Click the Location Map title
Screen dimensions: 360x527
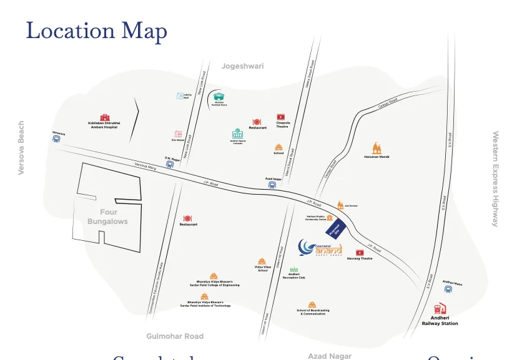(x=96, y=31)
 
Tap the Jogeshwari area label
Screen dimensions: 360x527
(x=242, y=66)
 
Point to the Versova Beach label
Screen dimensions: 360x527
(x=21, y=148)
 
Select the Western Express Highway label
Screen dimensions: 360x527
(x=496, y=178)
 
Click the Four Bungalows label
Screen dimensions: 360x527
(x=107, y=216)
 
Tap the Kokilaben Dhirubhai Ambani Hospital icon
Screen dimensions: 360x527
(x=104, y=117)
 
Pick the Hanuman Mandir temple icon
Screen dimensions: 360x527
(x=376, y=148)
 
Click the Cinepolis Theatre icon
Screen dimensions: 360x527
(x=281, y=117)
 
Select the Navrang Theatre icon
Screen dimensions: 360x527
(x=360, y=252)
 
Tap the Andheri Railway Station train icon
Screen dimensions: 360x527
(x=439, y=310)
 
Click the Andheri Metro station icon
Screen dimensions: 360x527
(x=448, y=289)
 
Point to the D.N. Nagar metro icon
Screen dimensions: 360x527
(x=169, y=165)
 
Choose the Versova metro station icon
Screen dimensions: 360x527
(x=57, y=139)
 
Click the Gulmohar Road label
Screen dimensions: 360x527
(x=175, y=336)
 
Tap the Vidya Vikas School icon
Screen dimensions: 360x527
(x=262, y=262)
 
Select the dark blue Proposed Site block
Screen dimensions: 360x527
(x=335, y=228)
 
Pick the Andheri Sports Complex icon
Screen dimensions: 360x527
(x=238, y=134)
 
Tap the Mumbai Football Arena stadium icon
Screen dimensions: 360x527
(x=219, y=97)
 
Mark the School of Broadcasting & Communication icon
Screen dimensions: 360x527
(x=312, y=304)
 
